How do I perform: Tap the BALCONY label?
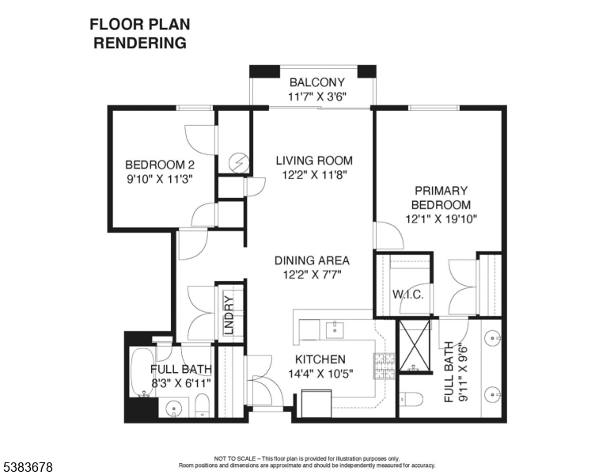pyautogui.click(x=316, y=82)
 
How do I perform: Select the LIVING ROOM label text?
pyautogui.click(x=314, y=161)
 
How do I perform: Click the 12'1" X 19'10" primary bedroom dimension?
pyautogui.click(x=441, y=218)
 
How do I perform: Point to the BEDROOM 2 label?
pyautogui.click(x=160, y=165)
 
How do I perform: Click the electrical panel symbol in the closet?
pyautogui.click(x=238, y=163)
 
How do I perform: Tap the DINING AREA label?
pyautogui.click(x=312, y=260)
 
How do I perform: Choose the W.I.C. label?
pyautogui.click(x=408, y=294)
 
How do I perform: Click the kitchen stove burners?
pyautogui.click(x=385, y=365)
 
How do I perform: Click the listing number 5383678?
pyautogui.click(x=28, y=468)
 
